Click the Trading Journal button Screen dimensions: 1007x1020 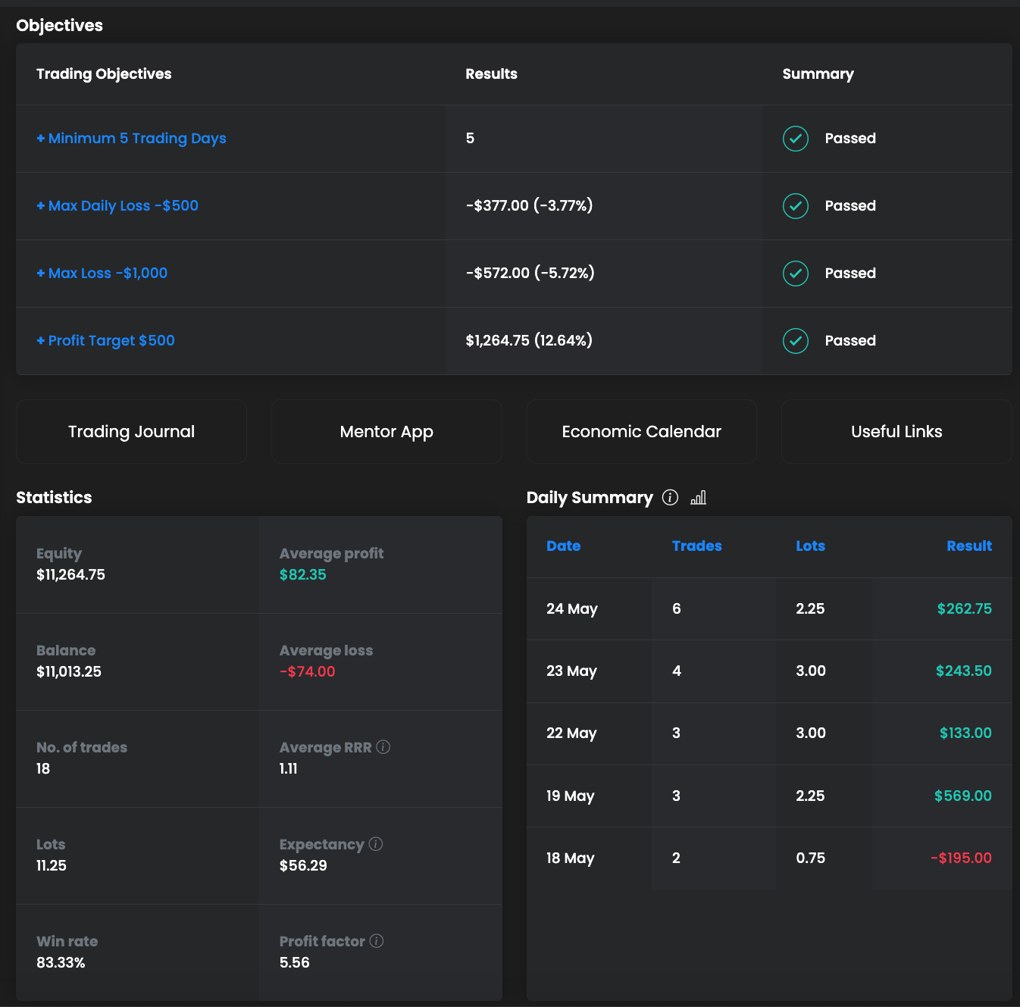coord(131,432)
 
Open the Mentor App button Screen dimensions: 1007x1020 coord(386,432)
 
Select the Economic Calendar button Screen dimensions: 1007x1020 coord(641,432)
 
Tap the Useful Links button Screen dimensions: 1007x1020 coord(896,432)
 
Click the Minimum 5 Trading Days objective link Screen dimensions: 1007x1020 coord(132,139)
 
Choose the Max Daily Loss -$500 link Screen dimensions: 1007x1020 coord(118,206)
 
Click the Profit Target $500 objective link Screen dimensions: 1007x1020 coord(106,341)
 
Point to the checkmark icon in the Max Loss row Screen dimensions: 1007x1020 coord(795,274)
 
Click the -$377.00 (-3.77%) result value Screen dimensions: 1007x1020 coord(529,206)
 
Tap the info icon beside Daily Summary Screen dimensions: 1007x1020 coord(670,497)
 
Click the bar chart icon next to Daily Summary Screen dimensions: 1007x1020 coord(699,497)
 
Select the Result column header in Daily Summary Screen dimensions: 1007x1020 coord(968,546)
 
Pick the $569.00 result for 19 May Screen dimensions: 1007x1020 coord(962,796)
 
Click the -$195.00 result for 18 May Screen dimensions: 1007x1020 coord(961,858)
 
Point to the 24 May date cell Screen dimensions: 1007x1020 coord(572,609)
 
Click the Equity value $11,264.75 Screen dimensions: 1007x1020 coord(70,575)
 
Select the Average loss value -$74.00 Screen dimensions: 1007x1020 coord(307,672)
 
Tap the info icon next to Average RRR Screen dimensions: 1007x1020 coord(383,747)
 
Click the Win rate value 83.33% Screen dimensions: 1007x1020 coord(61,963)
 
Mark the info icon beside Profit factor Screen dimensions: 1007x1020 coord(377,941)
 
